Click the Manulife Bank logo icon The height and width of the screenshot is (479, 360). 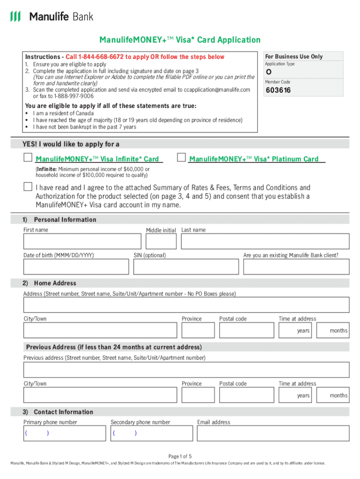[x=15, y=17]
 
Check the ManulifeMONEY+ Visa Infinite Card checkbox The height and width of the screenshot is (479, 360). [x=28, y=158]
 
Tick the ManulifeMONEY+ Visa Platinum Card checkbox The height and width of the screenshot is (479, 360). [x=181, y=158]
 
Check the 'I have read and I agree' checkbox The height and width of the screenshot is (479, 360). [x=28, y=187]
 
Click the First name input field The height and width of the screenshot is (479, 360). [x=82, y=241]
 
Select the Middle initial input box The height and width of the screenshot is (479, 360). [x=161, y=241]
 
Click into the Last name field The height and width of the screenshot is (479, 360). [x=265, y=241]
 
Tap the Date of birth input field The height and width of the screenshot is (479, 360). [x=76, y=267]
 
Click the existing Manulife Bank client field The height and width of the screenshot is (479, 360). [x=295, y=267]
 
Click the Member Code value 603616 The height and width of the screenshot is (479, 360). [x=278, y=90]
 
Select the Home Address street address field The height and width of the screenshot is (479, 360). [x=186, y=305]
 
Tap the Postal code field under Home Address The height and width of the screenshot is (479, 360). [x=246, y=330]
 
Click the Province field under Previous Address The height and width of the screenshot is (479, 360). [x=198, y=395]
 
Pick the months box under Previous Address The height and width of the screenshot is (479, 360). [x=332, y=395]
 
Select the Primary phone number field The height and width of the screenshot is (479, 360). [x=65, y=433]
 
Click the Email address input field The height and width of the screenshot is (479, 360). [x=273, y=433]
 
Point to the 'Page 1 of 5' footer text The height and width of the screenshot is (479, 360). [x=180, y=456]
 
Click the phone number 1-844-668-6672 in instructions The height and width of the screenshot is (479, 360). [x=97, y=57]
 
